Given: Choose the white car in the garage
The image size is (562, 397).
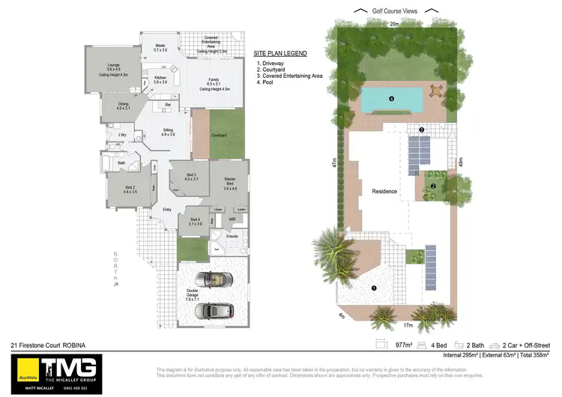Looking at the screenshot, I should click(213, 309).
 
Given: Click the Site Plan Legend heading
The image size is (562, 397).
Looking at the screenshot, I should click(280, 55).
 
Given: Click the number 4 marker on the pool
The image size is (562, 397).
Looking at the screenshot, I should click(390, 98).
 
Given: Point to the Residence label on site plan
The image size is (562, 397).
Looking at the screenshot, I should click(384, 191).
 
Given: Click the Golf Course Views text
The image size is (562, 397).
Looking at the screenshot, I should click(394, 12).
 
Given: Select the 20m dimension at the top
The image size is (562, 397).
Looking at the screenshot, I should click(394, 23).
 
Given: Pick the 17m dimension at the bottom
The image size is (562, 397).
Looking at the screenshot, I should click(408, 325).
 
